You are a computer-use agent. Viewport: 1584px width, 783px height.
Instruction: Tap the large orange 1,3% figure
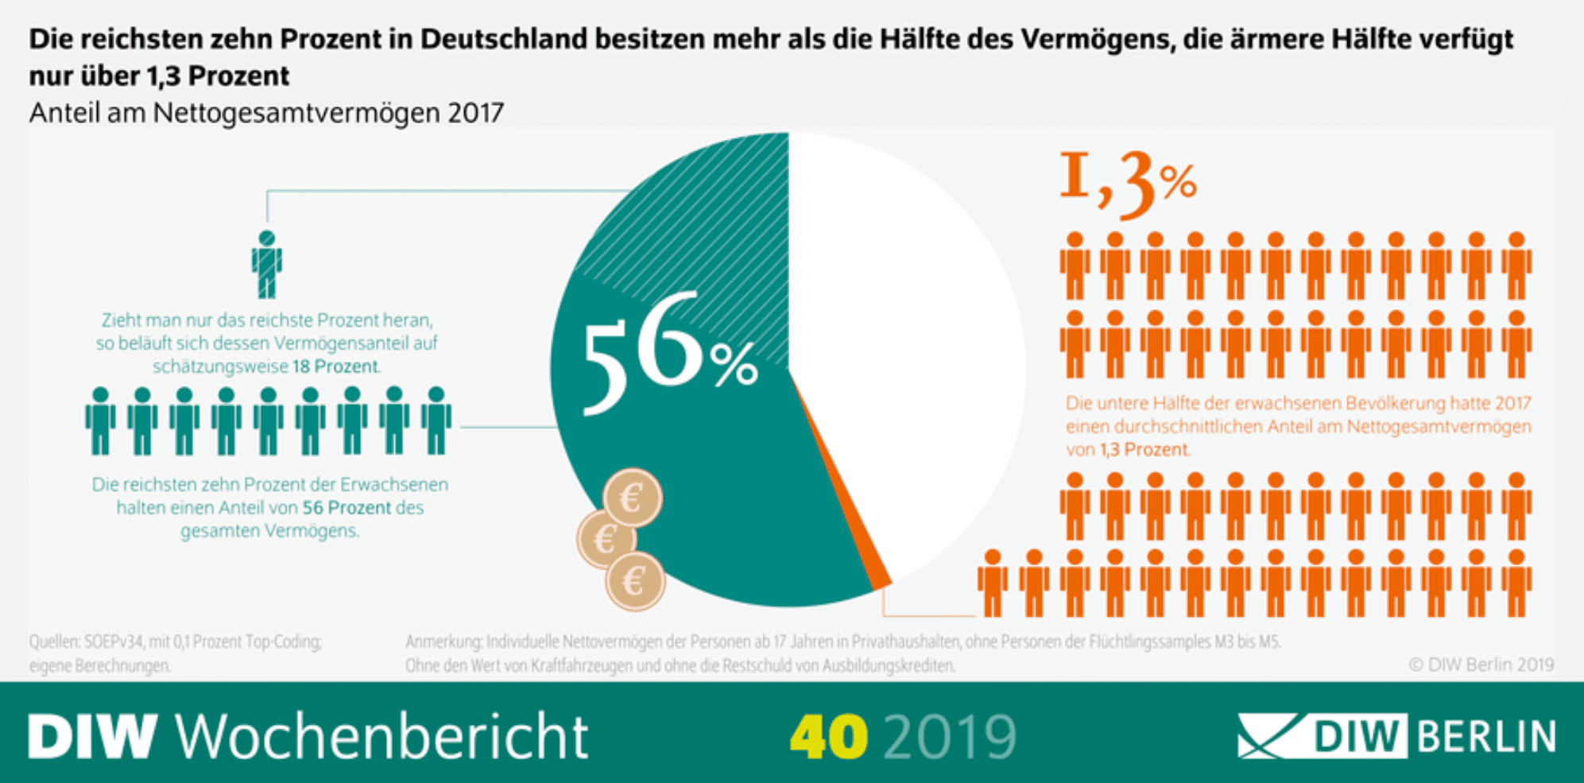coord(1127,184)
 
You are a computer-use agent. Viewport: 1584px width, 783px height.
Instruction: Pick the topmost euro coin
coord(632,498)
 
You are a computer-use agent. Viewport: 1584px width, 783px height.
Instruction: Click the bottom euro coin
coord(634,582)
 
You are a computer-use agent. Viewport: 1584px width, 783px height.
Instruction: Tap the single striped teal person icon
coord(267,264)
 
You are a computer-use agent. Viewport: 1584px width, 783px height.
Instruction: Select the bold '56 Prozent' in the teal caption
coord(347,507)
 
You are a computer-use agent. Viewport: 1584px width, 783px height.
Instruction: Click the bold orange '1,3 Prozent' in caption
coord(1144,450)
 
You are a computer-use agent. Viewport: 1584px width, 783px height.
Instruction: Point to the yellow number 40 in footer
coord(828,737)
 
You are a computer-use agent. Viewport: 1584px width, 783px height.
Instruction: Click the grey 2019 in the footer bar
coord(950,737)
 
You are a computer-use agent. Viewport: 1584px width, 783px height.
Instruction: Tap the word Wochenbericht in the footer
coord(381,737)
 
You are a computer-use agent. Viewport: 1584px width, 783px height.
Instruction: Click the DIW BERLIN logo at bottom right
coord(1396,736)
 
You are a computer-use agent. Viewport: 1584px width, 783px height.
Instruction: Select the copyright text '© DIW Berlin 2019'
coord(1481,665)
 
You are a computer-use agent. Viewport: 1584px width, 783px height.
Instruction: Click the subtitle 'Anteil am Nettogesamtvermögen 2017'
coord(266,113)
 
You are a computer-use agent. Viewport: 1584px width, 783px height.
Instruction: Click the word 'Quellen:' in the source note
coord(55,642)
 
